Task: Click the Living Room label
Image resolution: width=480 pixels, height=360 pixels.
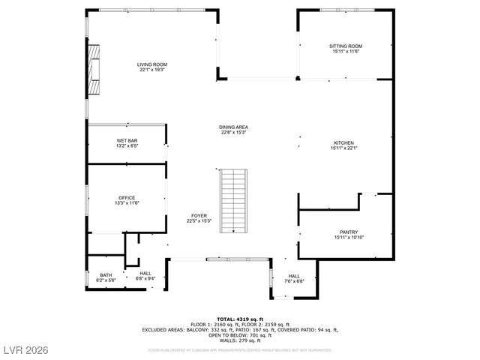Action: pos(151,64)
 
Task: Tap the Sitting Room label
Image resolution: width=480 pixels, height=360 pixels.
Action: pos(345,46)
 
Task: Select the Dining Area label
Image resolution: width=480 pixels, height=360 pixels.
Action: pos(233,127)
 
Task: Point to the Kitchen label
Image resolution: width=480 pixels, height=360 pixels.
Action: pos(344,142)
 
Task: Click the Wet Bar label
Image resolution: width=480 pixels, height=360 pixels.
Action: pos(127,141)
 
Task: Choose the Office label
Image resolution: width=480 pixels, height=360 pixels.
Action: pos(127,198)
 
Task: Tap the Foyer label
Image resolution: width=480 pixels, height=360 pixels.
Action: pos(199,216)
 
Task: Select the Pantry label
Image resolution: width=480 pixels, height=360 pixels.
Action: pos(348,232)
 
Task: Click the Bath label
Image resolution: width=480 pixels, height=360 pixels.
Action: pos(106,275)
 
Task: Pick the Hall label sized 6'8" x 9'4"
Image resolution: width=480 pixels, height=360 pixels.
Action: pos(145,273)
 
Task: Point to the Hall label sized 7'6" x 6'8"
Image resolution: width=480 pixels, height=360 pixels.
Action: pos(294,276)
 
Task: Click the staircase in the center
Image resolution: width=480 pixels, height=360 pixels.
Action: pos(233,199)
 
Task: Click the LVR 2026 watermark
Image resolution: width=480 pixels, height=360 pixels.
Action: pos(25,349)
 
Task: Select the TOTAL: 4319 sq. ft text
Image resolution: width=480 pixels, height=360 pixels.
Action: pos(240,319)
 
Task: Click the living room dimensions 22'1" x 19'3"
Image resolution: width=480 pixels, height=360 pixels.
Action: pos(151,70)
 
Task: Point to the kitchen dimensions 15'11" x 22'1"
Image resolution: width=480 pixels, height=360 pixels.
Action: pos(344,148)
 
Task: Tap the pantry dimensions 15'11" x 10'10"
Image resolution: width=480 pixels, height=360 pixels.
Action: pos(348,238)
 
